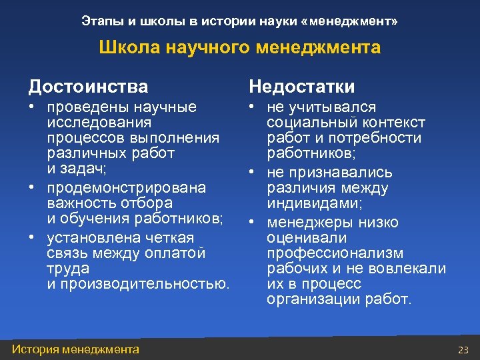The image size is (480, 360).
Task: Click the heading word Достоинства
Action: (88, 87)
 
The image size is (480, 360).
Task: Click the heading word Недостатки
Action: (302, 87)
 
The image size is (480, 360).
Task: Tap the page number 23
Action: (463, 350)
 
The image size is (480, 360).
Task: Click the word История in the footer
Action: (34, 349)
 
